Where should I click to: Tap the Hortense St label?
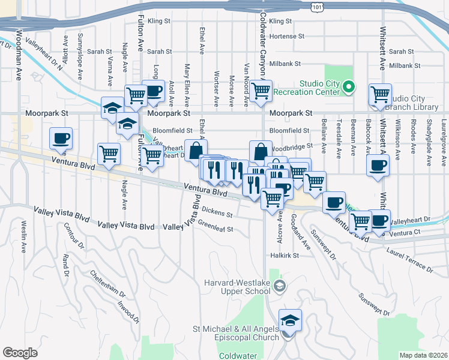(287, 37)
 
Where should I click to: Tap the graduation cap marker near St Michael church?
(290, 320)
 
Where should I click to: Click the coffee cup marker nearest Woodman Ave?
(61, 139)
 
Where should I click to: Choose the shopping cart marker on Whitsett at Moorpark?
(381, 94)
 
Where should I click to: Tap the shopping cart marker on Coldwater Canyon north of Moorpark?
(261, 91)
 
